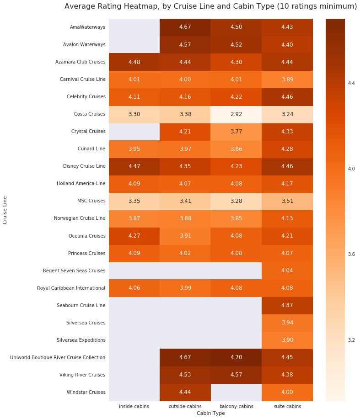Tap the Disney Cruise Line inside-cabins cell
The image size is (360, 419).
tap(134, 166)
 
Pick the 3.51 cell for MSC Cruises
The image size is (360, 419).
tap(287, 201)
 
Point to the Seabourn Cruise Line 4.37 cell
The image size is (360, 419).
tap(287, 305)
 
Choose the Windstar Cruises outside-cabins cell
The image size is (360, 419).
tap(185, 392)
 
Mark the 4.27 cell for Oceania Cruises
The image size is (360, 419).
tap(134, 236)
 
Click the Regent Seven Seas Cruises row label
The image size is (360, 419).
tap(74, 270)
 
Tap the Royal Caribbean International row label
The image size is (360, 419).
tap(71, 288)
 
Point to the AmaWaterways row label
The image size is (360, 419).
tap(87, 27)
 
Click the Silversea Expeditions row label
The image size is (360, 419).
tap(81, 340)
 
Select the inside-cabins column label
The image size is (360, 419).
tap(134, 406)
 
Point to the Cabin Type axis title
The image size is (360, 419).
tap(210, 413)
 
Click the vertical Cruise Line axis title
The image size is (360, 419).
tap(5, 210)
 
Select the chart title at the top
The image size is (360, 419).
tap(210, 6)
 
